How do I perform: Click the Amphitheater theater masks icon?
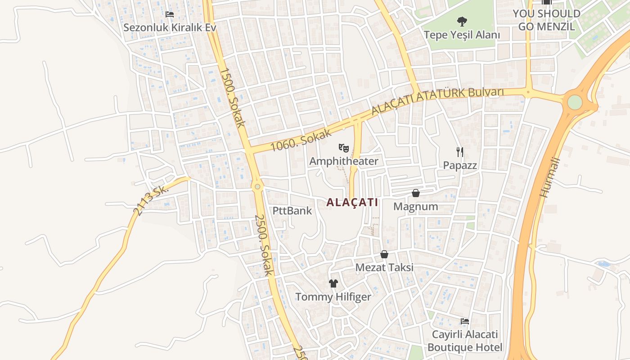coord(344,148)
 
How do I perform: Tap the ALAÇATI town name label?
coord(352,202)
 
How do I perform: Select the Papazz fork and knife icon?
coord(459,152)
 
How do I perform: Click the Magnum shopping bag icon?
coord(416,193)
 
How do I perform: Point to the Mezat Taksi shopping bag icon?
coord(384,254)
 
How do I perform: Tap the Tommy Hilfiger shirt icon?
coord(333,283)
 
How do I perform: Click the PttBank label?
coord(292,211)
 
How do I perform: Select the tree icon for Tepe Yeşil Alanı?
coord(461,21)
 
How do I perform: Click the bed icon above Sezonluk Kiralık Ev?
coord(170,14)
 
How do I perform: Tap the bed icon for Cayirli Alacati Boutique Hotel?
coord(465,321)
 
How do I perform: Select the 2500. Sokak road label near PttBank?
coord(264,245)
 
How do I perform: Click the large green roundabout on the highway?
coord(575,102)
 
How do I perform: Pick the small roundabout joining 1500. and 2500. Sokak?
coord(257,186)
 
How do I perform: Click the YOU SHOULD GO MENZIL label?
coord(546,20)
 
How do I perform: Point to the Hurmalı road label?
coord(550,177)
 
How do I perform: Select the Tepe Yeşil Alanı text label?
coord(462,35)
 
